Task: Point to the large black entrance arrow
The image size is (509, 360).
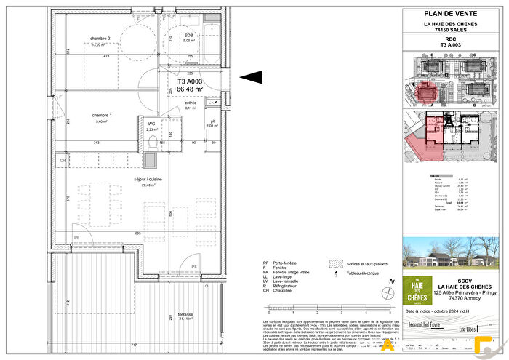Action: (251, 77)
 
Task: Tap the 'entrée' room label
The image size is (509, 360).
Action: (191, 103)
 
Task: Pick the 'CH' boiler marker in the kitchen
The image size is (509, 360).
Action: (63, 160)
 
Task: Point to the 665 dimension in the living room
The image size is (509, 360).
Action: (137, 233)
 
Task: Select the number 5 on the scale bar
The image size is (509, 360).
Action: (390, 311)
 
